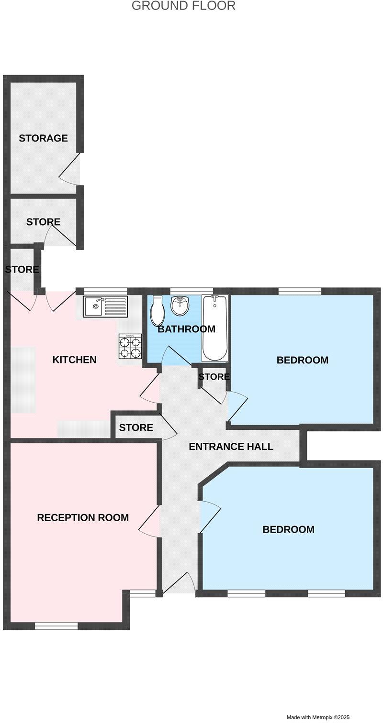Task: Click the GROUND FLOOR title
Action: [183, 6]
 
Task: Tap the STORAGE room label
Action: [43, 138]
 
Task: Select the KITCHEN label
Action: [74, 360]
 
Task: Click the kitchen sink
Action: [106, 307]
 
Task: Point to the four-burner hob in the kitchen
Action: [130, 347]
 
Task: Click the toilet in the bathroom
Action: [158, 311]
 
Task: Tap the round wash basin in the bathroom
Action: [180, 306]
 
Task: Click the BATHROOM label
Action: [186, 329]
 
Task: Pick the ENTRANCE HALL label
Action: [231, 447]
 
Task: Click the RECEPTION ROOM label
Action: [83, 517]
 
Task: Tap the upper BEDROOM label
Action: [303, 360]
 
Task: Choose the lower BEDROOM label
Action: [288, 529]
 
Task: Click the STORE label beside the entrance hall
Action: [136, 427]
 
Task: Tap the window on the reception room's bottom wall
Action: [56, 626]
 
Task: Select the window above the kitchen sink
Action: [105, 290]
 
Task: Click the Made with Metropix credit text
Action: [318, 717]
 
